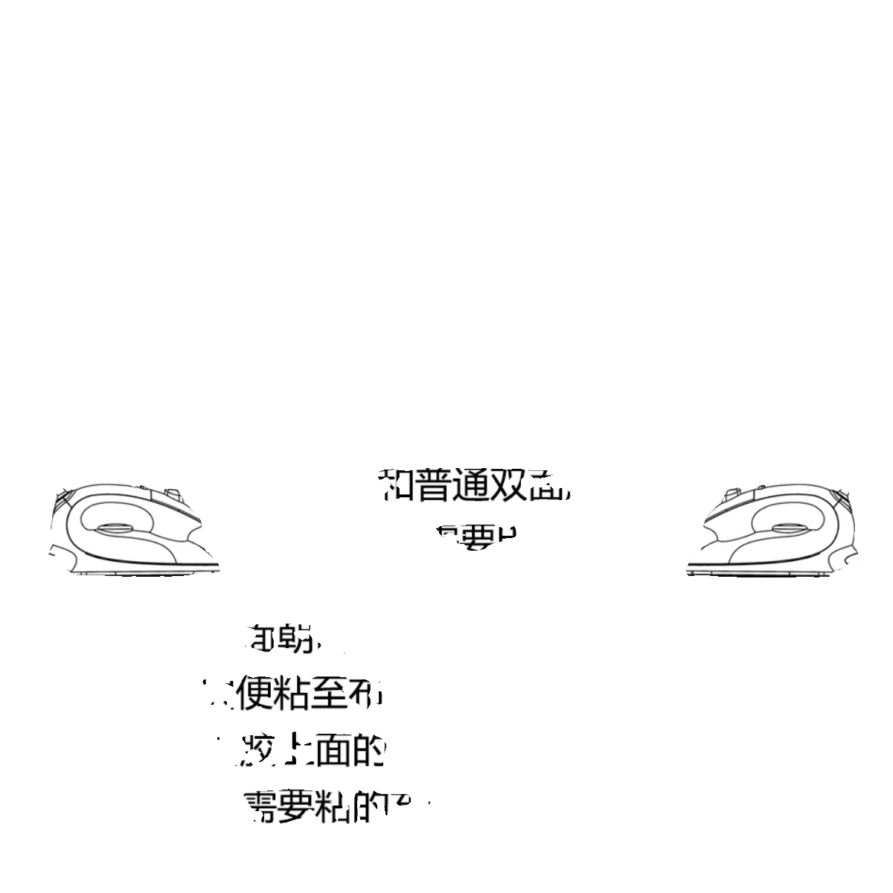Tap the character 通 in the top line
(473, 484)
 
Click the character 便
(255, 694)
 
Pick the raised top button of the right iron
(730, 492)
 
